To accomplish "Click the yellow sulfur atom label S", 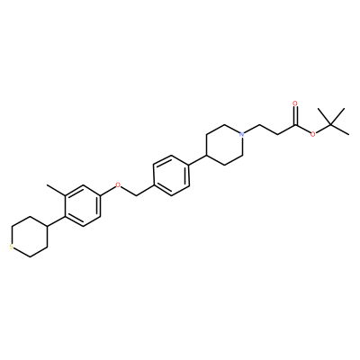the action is (x=11, y=247).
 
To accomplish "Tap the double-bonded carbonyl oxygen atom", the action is (x=295, y=104).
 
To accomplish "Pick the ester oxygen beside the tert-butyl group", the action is (x=313, y=134).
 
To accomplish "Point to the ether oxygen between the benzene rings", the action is (x=118, y=184).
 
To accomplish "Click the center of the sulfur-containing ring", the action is (x=30, y=237).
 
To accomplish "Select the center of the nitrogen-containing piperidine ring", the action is (x=224, y=145).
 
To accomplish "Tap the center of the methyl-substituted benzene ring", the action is (x=82, y=205).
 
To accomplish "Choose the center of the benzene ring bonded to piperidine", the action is (x=171, y=175).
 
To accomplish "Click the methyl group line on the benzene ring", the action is (x=56, y=190).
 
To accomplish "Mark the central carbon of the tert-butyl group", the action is (x=331, y=124).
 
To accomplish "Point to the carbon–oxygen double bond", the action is (x=295, y=116).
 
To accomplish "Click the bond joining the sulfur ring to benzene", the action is (x=56, y=220).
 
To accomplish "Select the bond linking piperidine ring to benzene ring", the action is (x=198, y=160).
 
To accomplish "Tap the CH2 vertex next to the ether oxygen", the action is (x=136, y=195).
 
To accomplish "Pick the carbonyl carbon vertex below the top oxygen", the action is (x=295, y=124).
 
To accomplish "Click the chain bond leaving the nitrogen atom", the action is (x=252, y=129).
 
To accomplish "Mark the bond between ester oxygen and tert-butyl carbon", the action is (x=323, y=129).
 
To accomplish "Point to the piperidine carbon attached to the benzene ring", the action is (x=207, y=155).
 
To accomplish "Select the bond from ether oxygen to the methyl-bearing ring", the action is (x=107, y=191).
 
